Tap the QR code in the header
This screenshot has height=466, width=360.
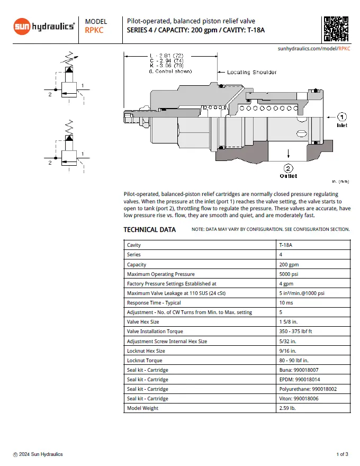click(336, 29)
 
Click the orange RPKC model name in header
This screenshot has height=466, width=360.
click(94, 30)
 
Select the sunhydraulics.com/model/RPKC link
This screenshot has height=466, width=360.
click(314, 48)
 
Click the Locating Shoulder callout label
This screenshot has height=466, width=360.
click(251, 72)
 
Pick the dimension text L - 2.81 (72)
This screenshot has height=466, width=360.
click(167, 55)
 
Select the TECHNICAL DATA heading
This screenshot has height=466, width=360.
click(149, 230)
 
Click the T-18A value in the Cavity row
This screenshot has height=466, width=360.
click(286, 245)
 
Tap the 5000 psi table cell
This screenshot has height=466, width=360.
click(290, 274)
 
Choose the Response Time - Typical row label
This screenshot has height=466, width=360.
click(154, 303)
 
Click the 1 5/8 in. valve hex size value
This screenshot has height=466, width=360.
click(290, 322)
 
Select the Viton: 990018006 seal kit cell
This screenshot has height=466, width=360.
click(300, 399)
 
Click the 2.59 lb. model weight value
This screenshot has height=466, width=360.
click(288, 408)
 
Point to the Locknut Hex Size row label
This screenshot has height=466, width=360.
click(146, 351)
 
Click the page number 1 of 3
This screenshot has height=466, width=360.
click(342, 454)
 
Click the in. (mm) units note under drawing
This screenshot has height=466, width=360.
click(340, 182)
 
